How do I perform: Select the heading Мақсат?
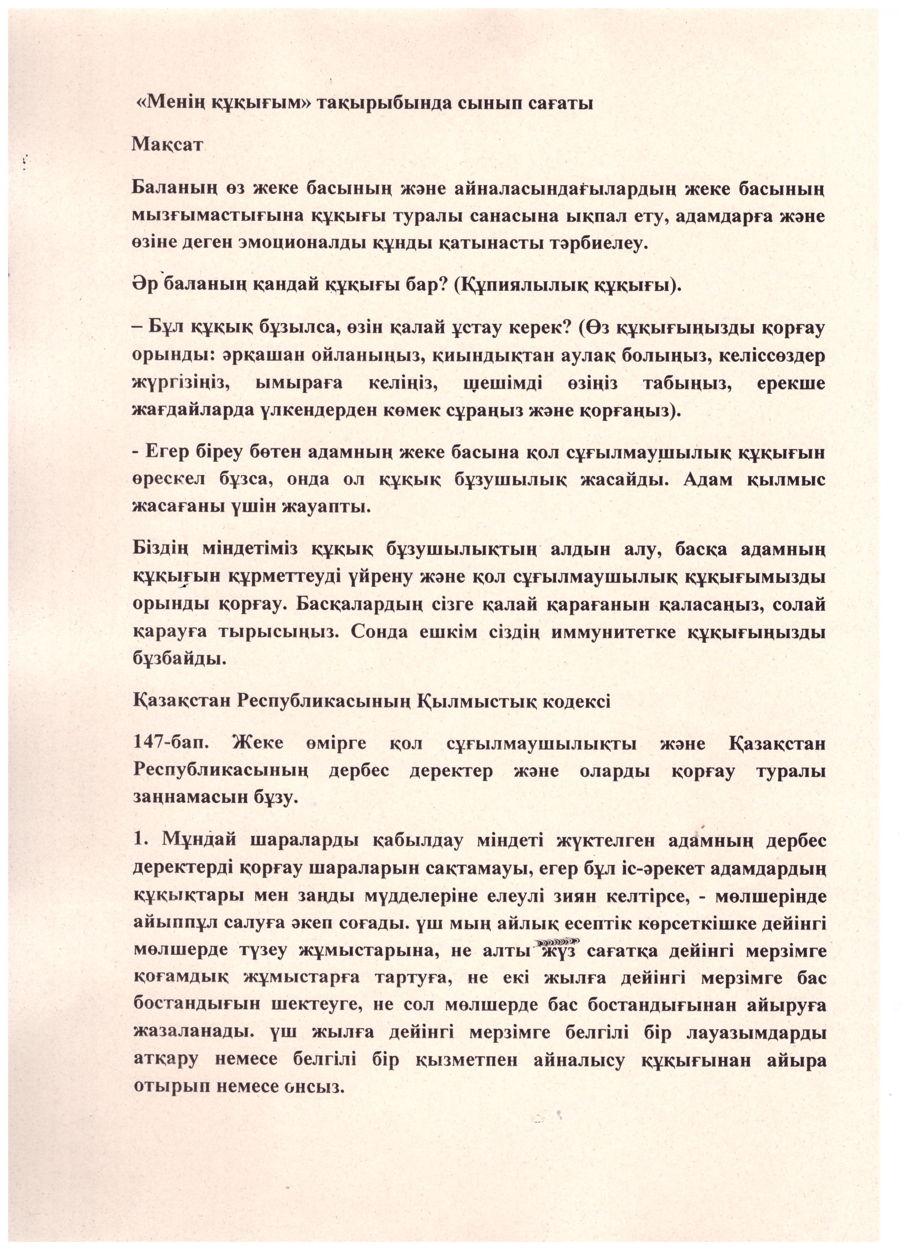pyautogui.click(x=167, y=146)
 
